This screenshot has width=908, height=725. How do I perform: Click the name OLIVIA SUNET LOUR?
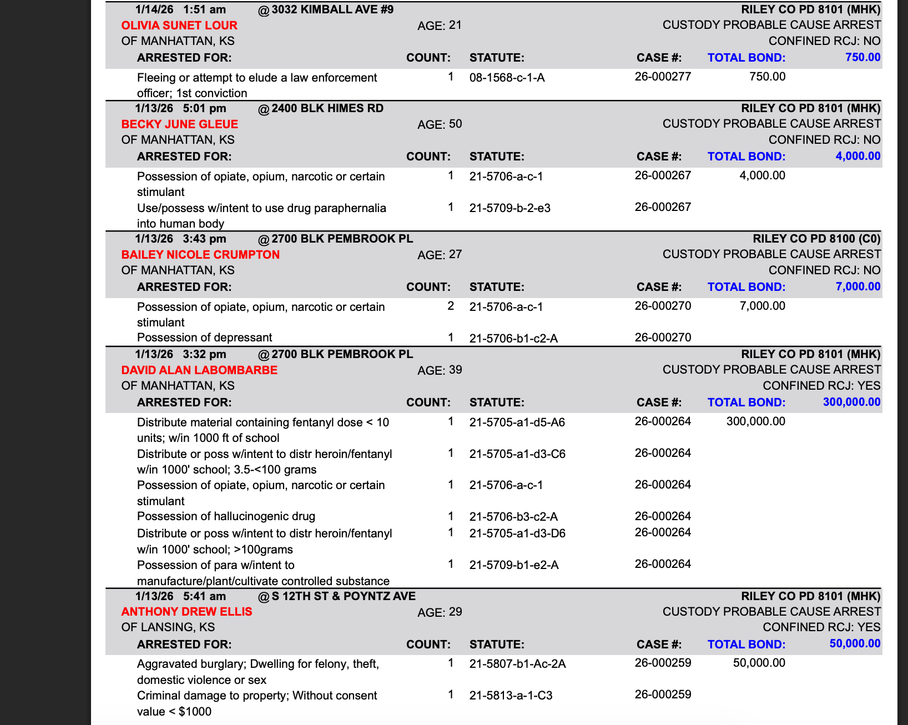point(179,26)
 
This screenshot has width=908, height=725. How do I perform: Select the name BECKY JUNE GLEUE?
point(180,124)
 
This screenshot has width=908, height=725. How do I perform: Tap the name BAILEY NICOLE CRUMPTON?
point(200,255)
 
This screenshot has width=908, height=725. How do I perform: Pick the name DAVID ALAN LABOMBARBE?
point(199,370)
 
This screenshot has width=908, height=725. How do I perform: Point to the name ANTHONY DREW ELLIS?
point(186,612)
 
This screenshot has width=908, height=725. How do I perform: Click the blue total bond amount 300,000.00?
point(851,402)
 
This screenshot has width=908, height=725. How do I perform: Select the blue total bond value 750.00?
point(862,57)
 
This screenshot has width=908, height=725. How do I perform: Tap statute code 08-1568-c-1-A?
point(507,78)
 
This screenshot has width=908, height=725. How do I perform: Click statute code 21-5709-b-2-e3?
point(510,208)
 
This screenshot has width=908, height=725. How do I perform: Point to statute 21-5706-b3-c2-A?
point(513,517)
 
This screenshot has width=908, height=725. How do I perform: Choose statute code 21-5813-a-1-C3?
point(511,696)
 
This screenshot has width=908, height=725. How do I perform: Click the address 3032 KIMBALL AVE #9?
point(332,9)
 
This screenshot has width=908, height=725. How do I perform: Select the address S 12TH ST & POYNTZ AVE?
point(344,596)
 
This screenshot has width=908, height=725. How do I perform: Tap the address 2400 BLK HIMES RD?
point(327,108)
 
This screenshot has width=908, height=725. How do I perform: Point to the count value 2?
point(451,306)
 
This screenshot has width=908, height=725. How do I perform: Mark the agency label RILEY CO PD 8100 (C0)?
point(816,239)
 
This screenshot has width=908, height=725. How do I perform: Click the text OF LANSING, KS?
point(168,627)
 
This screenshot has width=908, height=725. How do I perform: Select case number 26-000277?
point(663,77)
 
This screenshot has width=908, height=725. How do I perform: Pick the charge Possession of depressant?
point(204,338)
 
